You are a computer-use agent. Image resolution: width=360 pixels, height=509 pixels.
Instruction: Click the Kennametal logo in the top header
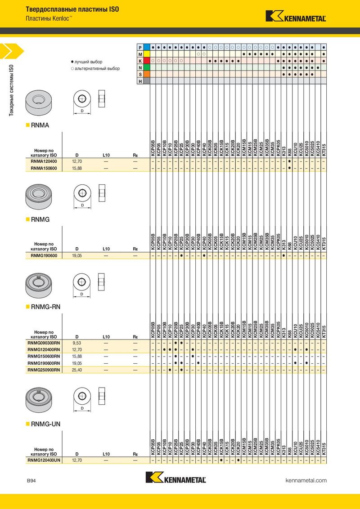[296, 16]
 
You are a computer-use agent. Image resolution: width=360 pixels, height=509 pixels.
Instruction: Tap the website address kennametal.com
[306, 480]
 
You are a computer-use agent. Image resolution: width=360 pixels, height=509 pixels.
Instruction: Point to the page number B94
[31, 481]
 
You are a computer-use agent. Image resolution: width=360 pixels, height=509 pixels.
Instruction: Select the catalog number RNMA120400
[44, 161]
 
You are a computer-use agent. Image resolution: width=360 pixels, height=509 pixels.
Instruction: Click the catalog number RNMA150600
[44, 168]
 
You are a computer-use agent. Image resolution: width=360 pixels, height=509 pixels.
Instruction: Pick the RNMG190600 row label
[44, 256]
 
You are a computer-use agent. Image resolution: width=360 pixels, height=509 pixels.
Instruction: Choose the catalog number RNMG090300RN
[44, 343]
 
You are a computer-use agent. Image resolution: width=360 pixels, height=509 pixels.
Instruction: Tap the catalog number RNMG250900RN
[44, 370]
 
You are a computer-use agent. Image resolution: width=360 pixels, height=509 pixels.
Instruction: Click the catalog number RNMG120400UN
[44, 460]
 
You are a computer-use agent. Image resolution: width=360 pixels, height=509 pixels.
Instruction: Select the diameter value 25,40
[77, 370]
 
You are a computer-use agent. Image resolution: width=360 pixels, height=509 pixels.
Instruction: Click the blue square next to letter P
[147, 47]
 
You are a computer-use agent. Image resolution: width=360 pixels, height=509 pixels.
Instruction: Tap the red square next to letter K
[147, 61]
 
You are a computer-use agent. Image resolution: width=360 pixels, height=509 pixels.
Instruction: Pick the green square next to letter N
[147, 67]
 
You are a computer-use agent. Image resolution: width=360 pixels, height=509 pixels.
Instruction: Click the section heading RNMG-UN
[45, 424]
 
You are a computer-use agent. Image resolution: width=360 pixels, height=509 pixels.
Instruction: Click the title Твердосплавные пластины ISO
[72, 9]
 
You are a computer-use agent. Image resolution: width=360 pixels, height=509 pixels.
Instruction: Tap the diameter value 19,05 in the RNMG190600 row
[77, 256]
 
